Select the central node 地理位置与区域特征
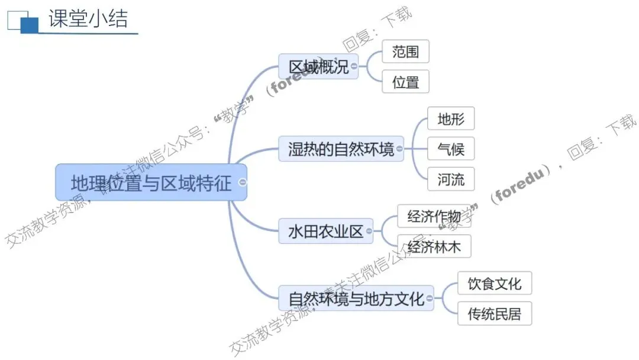point(151,182)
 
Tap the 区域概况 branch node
point(318,66)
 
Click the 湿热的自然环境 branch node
point(341,148)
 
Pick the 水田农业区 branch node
point(325,231)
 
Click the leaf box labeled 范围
point(405,52)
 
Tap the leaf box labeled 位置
point(405,82)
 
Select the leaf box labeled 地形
point(451,119)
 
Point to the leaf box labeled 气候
point(451,149)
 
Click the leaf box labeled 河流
point(451,179)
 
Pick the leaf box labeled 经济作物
point(434,216)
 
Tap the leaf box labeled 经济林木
point(434,246)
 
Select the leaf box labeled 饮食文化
point(495,284)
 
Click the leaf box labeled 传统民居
point(495,313)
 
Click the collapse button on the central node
point(243,182)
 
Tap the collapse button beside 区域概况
point(354,66)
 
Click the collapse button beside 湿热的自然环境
point(399,149)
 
